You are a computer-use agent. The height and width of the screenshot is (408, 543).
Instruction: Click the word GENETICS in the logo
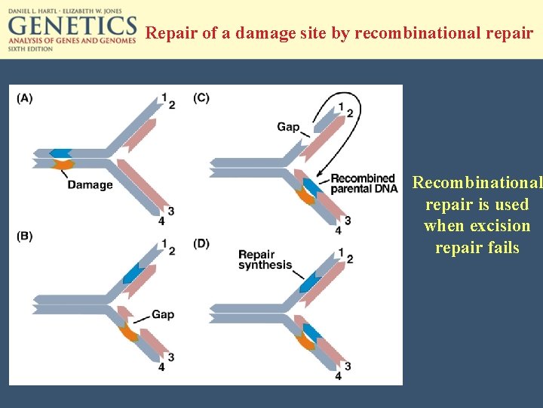pyautogui.click(x=72, y=26)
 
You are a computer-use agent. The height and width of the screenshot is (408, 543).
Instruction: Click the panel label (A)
pyautogui.click(x=25, y=97)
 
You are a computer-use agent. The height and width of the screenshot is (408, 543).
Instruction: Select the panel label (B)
pyautogui.click(x=25, y=236)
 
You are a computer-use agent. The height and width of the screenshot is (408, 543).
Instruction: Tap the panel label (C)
pyautogui.click(x=201, y=97)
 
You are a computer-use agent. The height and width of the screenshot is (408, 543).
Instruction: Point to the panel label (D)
pyautogui.click(x=201, y=243)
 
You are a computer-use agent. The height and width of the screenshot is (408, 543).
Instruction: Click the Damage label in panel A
pyautogui.click(x=90, y=184)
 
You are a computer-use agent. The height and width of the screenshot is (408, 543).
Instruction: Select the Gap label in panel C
pyautogui.click(x=288, y=126)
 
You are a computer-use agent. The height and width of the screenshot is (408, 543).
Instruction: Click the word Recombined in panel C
pyautogui.click(x=363, y=179)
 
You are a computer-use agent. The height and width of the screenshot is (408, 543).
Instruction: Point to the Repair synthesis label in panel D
pyautogui.click(x=265, y=259)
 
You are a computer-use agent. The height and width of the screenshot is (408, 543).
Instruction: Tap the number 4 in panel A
pyautogui.click(x=161, y=221)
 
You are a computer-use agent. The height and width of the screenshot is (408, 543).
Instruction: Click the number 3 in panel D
pyautogui.click(x=348, y=366)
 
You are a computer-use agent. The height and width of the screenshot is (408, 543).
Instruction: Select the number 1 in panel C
pyautogui.click(x=342, y=106)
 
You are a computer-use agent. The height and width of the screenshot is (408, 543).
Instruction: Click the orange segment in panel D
pyautogui.click(x=305, y=342)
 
